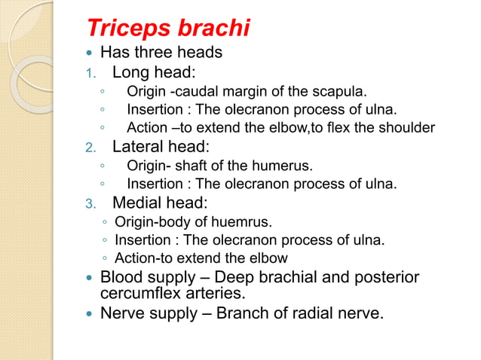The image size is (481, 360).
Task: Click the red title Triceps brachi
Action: (168, 29)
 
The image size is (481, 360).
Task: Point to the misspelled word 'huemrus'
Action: (244, 222)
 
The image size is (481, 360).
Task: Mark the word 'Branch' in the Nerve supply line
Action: (245, 312)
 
